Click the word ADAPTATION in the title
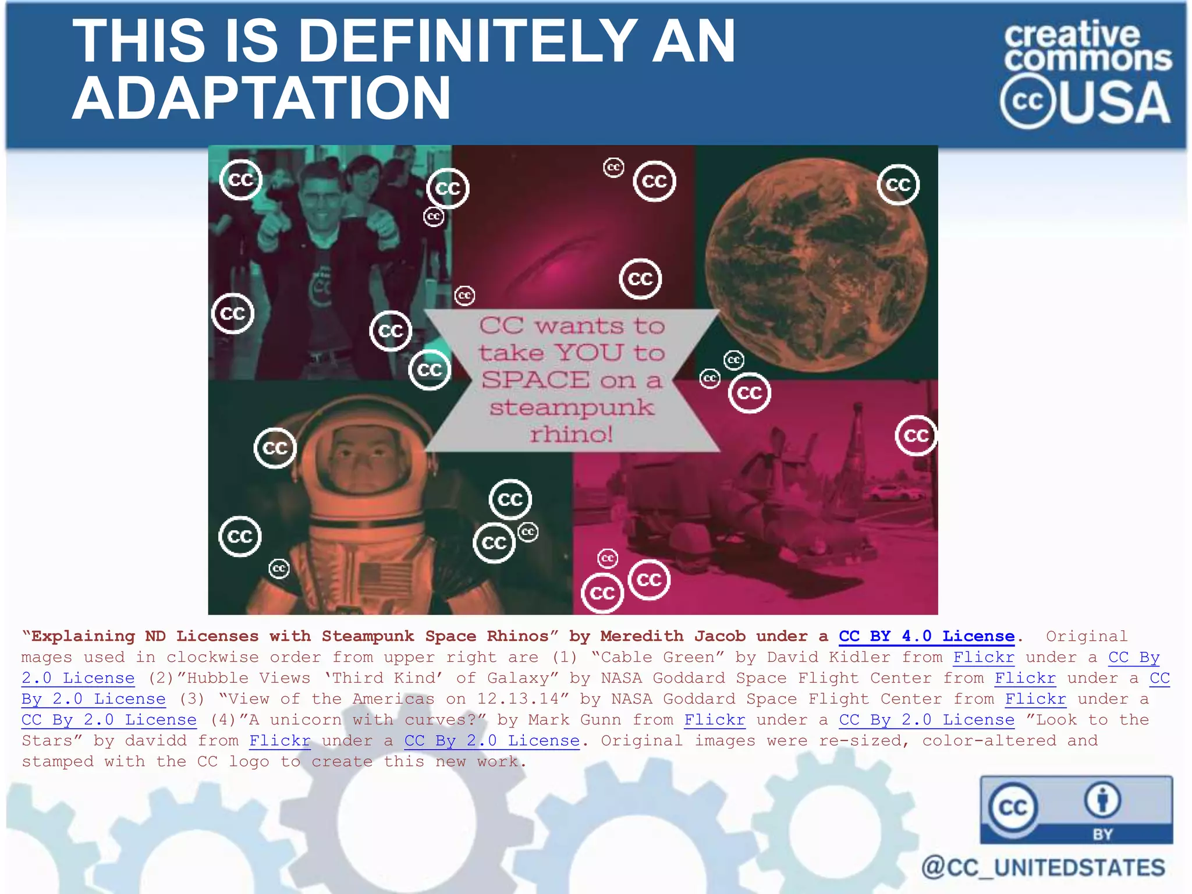tap(261, 97)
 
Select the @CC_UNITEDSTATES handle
tap(1043, 867)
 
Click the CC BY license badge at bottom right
tap(1076, 810)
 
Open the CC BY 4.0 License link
tap(927, 636)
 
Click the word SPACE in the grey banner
tap(535, 380)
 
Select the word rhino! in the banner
tap(571, 434)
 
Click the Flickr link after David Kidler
tap(984, 657)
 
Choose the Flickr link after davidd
tap(280, 741)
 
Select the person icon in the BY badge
tap(1102, 800)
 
